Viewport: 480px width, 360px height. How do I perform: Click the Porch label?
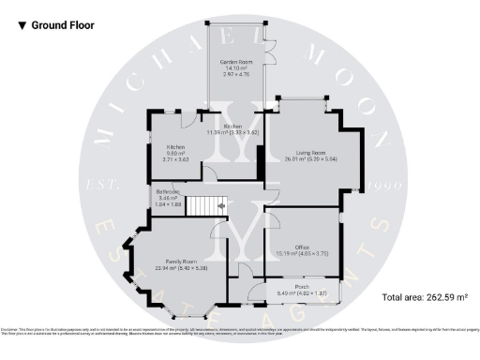pos(302,287)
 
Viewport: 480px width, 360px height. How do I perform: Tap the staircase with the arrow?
pos(205,205)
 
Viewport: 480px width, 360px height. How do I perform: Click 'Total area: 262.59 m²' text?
pos(424,298)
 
